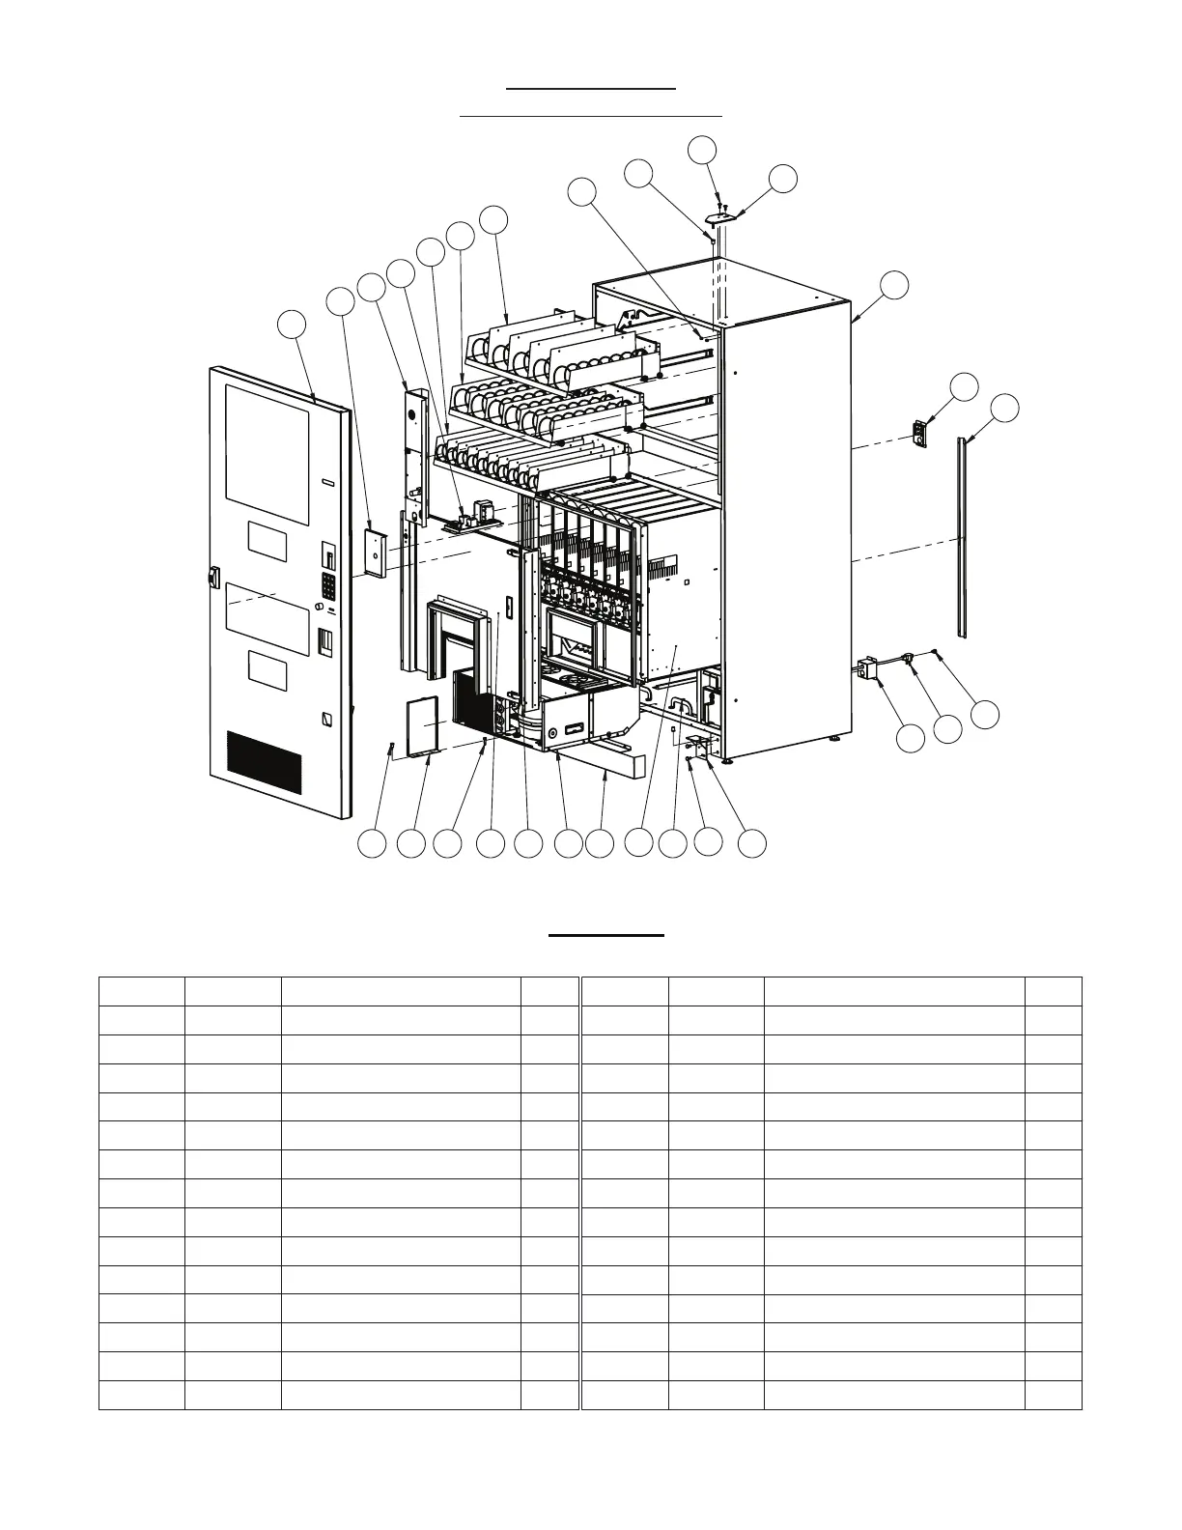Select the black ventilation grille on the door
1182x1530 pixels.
264,764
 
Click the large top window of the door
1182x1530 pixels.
267,442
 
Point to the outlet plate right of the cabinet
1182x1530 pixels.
921,432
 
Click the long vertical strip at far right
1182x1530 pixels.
962,536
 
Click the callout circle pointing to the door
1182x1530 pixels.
292,325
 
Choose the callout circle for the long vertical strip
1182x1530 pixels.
1004,408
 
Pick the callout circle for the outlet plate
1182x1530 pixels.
964,386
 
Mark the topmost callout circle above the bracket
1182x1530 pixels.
702,149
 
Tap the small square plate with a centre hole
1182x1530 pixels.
374,552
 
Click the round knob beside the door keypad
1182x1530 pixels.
318,606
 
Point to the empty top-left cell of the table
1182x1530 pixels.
141,991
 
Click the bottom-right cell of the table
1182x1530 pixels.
1054,1395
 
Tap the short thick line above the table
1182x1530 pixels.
606,935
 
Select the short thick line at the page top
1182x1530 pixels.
591,89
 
